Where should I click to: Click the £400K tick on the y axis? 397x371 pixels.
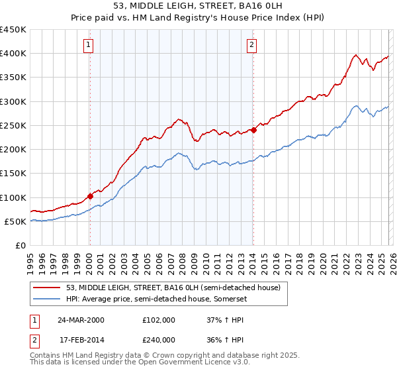(13, 54)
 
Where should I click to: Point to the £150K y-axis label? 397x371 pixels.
(13, 174)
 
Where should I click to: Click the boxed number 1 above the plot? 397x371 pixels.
(88, 45)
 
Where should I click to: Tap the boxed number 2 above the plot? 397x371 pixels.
(252, 45)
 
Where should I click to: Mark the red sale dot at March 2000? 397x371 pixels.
(90, 196)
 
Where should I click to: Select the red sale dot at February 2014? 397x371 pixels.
(253, 130)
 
